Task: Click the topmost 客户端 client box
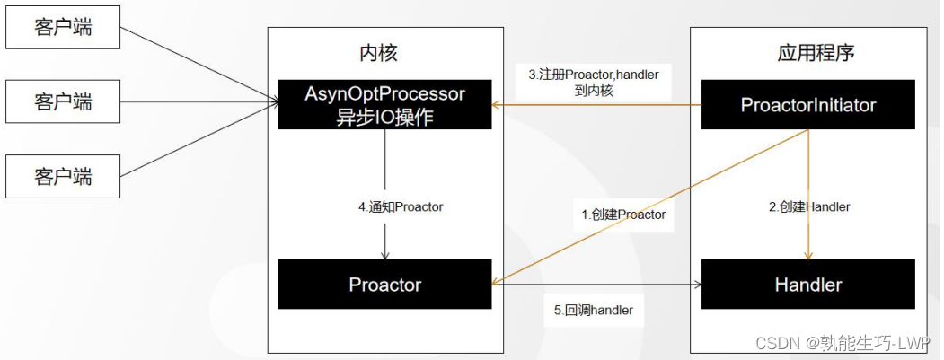point(63,28)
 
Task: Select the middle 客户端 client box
point(63,101)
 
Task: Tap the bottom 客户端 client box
point(63,175)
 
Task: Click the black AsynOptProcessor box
point(384,105)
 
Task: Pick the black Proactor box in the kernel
point(384,285)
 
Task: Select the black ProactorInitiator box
point(807,105)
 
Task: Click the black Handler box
point(807,285)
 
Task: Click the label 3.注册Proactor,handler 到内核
point(593,83)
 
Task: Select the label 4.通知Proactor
point(401,206)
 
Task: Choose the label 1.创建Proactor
point(623,215)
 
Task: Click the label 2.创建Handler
point(809,206)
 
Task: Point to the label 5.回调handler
point(594,310)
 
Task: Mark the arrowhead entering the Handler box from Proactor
point(697,285)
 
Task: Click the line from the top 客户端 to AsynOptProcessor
point(198,66)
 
